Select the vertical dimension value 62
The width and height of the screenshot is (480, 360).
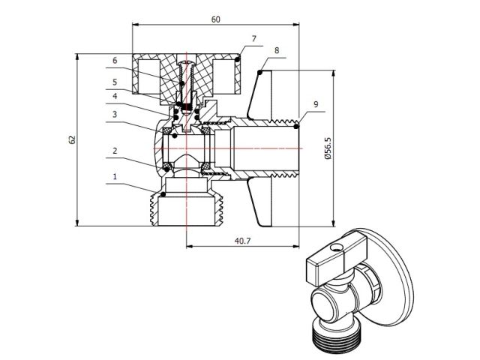click(x=72, y=139)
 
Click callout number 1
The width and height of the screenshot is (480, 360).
click(x=115, y=178)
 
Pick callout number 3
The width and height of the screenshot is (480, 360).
click(x=115, y=115)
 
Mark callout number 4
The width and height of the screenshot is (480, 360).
click(x=115, y=96)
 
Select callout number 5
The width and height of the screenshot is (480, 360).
click(x=115, y=82)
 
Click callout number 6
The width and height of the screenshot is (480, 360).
click(x=115, y=60)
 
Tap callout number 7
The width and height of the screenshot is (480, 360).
click(x=254, y=37)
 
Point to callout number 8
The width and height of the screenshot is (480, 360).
click(x=277, y=50)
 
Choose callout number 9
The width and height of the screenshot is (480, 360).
click(x=317, y=103)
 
